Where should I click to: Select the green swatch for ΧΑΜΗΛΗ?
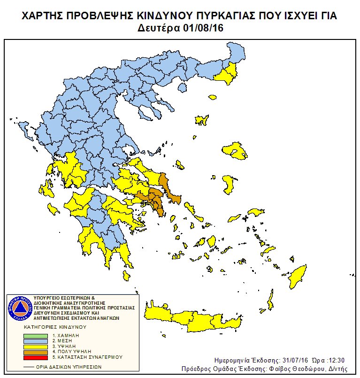pos(36,336)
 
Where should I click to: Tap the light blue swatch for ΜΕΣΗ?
pos(36,341)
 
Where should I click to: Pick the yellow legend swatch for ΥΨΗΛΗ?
pos(36,346)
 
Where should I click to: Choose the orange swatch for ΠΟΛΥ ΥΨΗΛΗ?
pos(36,351)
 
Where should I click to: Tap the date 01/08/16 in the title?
pos(201,28)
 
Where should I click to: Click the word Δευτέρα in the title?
pos(158,28)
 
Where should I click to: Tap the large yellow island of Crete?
pos(197,319)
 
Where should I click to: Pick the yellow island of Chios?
pos(228,184)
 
